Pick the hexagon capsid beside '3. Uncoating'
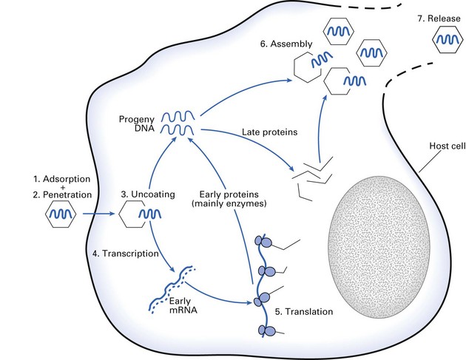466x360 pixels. pos(135,217)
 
